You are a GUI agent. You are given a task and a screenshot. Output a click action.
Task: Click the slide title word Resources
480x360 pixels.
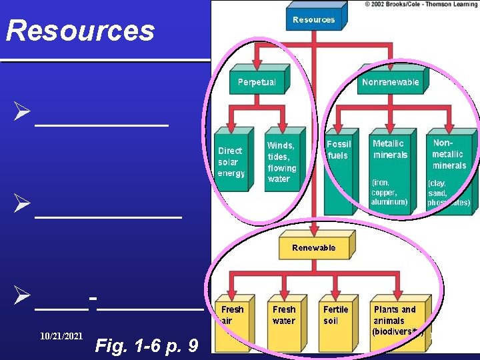[80, 31]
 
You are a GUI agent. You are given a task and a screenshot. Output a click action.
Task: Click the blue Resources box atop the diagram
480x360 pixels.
[313, 20]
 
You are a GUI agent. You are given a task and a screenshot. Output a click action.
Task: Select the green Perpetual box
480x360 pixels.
[257, 82]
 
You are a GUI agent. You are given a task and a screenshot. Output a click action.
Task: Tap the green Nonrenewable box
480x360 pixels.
[390, 82]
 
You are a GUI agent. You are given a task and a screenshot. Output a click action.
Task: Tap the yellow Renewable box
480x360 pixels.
[313, 247]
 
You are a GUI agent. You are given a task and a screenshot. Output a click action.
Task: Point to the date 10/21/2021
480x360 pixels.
[61, 337]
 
